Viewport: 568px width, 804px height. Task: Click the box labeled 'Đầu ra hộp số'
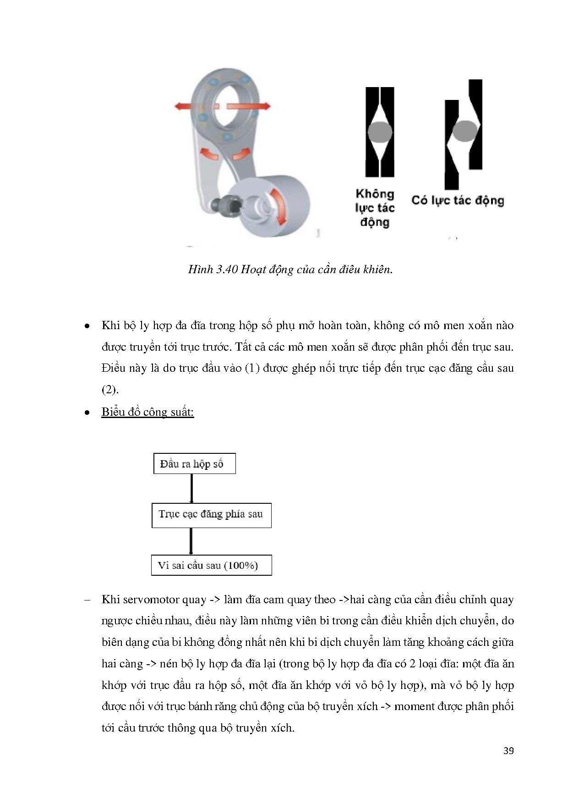click(x=194, y=464)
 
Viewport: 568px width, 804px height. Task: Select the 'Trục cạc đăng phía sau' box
click(x=211, y=515)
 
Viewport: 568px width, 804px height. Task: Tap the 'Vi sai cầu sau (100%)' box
click(x=211, y=565)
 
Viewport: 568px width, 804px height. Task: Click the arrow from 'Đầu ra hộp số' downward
click(x=191, y=489)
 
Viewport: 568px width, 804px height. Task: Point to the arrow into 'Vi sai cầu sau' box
click(x=191, y=541)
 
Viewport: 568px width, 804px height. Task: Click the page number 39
click(x=508, y=751)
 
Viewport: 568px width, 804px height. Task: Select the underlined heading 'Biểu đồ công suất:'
click(x=147, y=412)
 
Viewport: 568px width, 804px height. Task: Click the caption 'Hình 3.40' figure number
click(x=213, y=270)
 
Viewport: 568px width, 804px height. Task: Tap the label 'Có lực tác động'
click(x=457, y=200)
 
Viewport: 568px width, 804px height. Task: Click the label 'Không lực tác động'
click(x=375, y=208)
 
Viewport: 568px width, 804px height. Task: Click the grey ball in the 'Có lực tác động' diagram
click(x=464, y=131)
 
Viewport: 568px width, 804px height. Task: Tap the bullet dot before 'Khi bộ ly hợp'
click(x=87, y=326)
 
